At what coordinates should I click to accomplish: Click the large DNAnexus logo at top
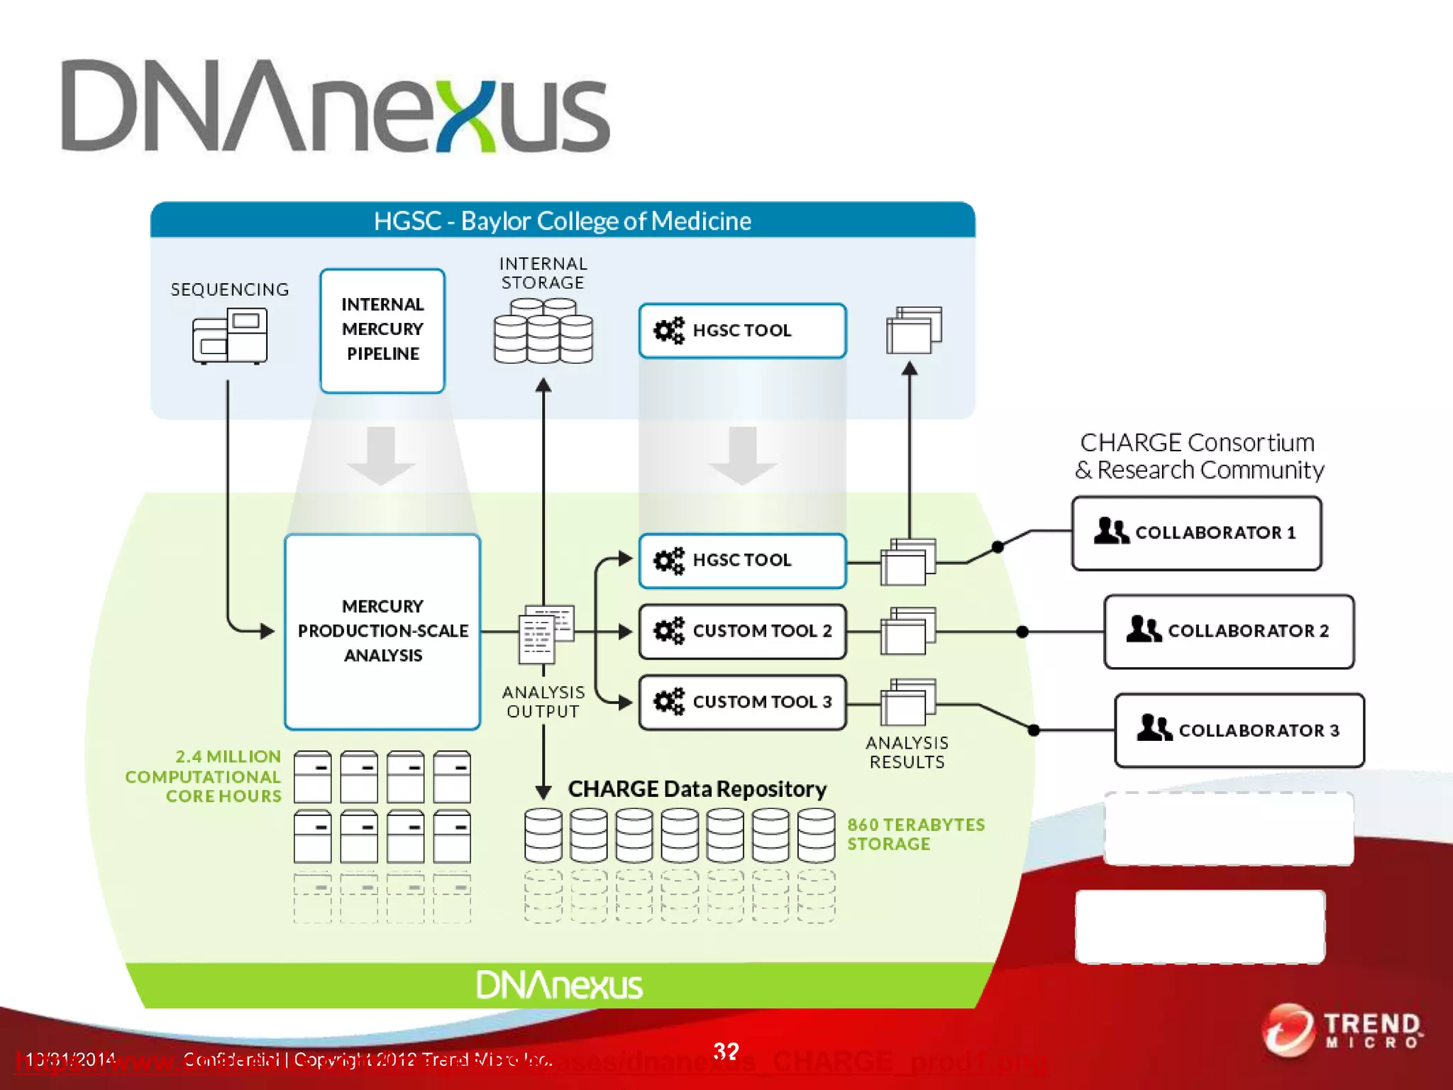(335, 106)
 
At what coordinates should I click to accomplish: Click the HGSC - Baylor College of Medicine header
(562, 221)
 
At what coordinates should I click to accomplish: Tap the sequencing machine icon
(230, 336)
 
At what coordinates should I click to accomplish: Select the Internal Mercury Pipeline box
(382, 330)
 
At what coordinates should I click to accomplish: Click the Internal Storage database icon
(543, 331)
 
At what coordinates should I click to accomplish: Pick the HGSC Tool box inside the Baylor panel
(742, 331)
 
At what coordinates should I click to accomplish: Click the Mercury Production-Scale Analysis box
(382, 631)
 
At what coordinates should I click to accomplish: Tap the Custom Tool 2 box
(742, 631)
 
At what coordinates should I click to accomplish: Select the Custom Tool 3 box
(742, 702)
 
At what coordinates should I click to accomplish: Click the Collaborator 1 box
(1196, 533)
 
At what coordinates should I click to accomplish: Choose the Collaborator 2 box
(1229, 631)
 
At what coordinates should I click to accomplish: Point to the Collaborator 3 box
(1239, 730)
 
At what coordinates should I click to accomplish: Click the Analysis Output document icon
(545, 634)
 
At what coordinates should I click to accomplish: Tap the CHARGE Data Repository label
(697, 789)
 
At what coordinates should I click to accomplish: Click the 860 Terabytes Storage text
(915, 834)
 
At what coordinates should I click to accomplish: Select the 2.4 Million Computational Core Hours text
(204, 776)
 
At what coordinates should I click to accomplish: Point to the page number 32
(726, 1050)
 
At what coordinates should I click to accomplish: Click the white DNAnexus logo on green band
(559, 985)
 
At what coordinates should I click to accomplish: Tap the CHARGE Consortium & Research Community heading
(1198, 456)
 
